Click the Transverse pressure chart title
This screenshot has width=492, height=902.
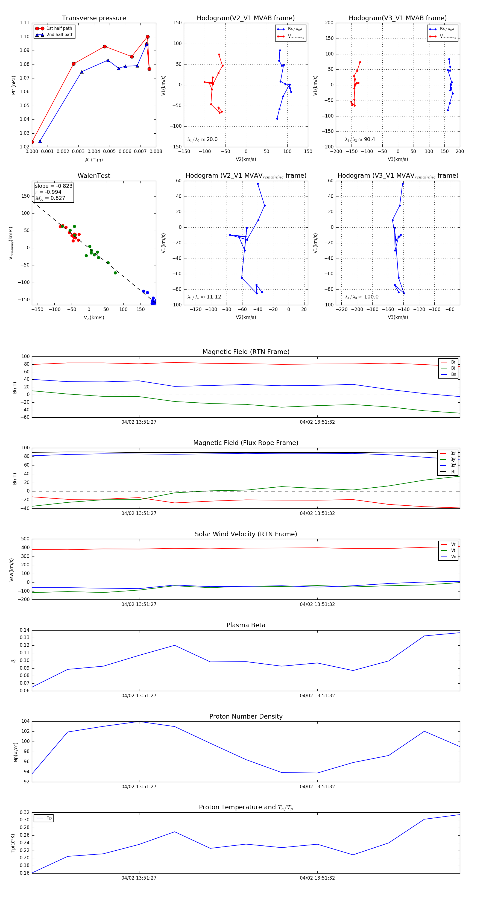click(94, 18)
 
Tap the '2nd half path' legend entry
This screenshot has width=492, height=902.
click(60, 35)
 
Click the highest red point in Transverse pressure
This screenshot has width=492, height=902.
click(148, 37)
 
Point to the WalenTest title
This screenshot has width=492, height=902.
click(94, 176)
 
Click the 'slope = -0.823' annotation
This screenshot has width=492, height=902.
click(54, 186)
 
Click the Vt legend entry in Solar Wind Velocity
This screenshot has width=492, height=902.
click(453, 550)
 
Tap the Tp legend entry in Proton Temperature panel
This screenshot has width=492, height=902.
click(49, 818)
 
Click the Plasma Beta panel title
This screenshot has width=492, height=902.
click(246, 625)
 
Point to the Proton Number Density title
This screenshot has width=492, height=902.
click(246, 716)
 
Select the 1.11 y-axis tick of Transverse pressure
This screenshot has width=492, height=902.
click(25, 23)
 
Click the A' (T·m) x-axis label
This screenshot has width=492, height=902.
click(94, 160)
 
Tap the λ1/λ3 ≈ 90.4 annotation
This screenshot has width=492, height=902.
click(360, 139)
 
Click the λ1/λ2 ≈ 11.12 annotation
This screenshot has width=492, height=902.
click(204, 297)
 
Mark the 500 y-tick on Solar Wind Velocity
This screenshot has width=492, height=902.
click(25, 539)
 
